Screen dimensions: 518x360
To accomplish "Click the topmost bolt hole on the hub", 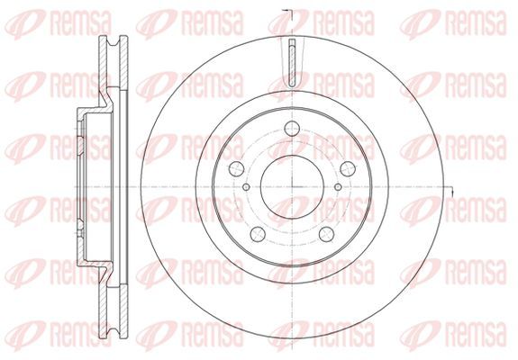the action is [292, 129].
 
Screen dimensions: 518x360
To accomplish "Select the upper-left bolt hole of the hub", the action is [237, 168].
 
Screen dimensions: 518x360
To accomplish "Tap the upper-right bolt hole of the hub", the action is [348, 168].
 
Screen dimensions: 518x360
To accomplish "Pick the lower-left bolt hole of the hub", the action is [258, 234].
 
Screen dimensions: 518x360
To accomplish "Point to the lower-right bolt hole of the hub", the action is [327, 234].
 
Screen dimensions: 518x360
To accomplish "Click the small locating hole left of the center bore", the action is [246, 187].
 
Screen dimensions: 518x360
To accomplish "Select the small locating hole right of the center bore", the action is [338, 187].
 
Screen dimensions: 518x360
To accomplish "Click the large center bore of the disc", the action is [292, 187].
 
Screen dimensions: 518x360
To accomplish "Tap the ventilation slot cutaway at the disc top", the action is [292, 63].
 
